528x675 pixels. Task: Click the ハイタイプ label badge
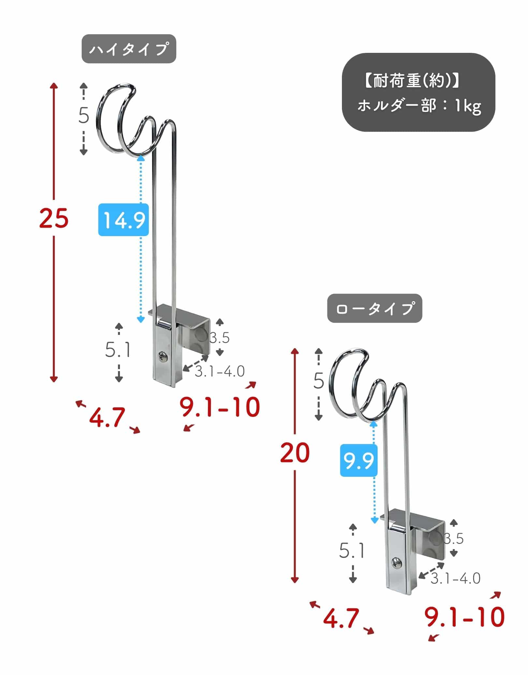[x=129, y=49]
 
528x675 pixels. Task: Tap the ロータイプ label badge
[x=374, y=308]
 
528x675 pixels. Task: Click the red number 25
[x=54, y=218]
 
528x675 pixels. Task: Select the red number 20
[x=295, y=453]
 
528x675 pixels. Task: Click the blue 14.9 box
[x=124, y=220]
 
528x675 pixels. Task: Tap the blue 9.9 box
[x=359, y=460]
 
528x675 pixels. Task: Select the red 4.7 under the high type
[x=107, y=417]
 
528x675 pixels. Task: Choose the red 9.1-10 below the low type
[x=464, y=617]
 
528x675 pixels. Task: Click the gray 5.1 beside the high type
[x=118, y=350]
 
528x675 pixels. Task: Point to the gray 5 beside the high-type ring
[x=84, y=115]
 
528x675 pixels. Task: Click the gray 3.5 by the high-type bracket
[x=219, y=338]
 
